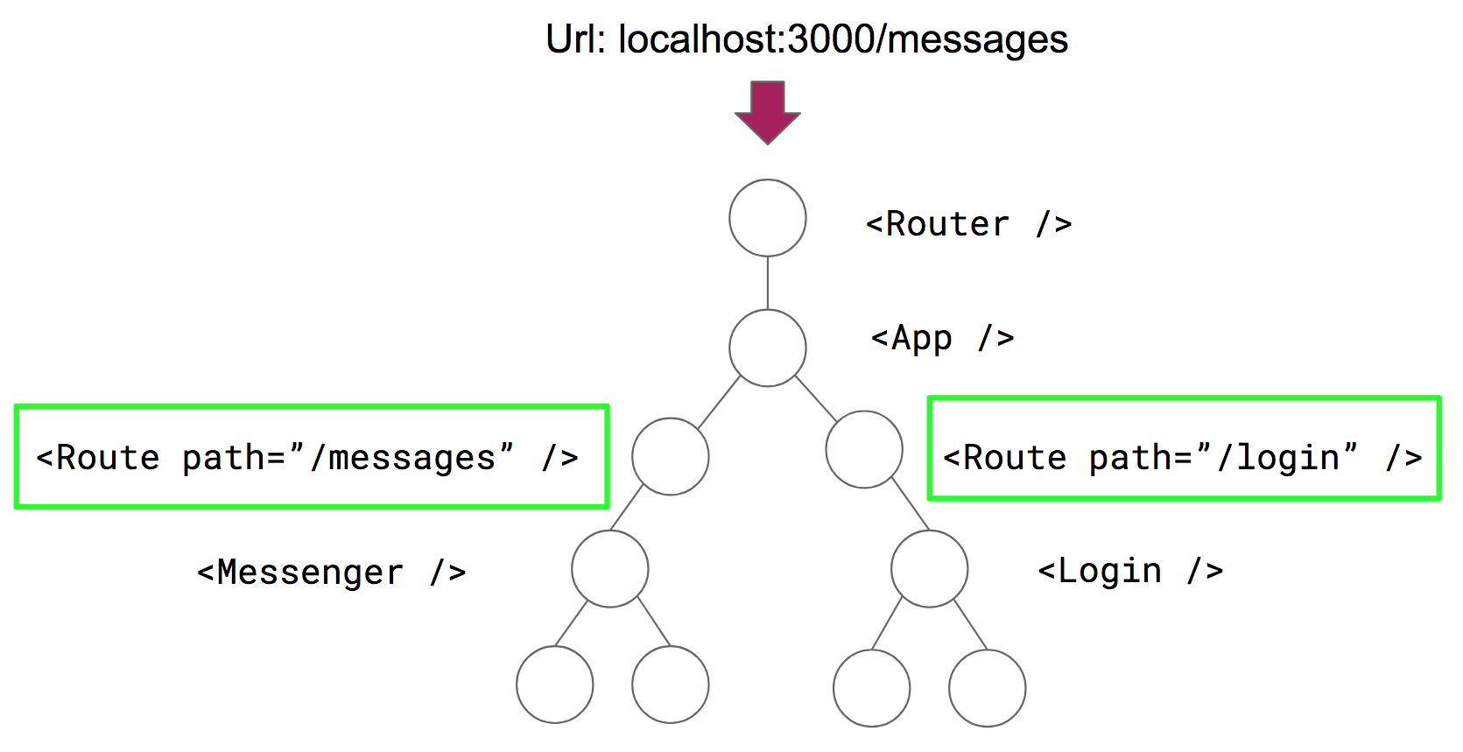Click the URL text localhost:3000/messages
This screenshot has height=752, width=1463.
pyautogui.click(x=842, y=40)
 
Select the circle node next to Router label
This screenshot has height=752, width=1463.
pyautogui.click(x=767, y=218)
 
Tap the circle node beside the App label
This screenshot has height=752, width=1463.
pyautogui.click(x=767, y=348)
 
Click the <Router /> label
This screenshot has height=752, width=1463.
pyautogui.click(x=968, y=225)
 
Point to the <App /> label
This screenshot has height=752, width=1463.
pyautogui.click(x=942, y=338)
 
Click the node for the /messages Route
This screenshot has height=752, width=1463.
pyautogui.click(x=670, y=456)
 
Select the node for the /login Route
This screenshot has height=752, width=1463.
pyautogui.click(x=863, y=449)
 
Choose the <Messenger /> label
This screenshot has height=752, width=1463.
pyautogui.click(x=331, y=573)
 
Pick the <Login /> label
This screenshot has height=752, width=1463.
pyautogui.click(x=1129, y=571)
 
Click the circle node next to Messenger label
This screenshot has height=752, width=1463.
pyautogui.click(x=609, y=568)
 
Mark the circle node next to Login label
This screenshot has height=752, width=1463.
pyautogui.click(x=929, y=568)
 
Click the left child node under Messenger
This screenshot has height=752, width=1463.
pyautogui.click(x=554, y=684)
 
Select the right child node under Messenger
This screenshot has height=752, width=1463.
pyautogui.click(x=670, y=684)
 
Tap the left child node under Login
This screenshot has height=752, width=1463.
pyautogui.click(x=871, y=687)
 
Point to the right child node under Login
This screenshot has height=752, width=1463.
pyautogui.click(x=987, y=687)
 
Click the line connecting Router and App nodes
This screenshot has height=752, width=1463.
pyautogui.click(x=767, y=283)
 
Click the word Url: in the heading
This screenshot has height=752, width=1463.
pyautogui.click(x=575, y=40)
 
